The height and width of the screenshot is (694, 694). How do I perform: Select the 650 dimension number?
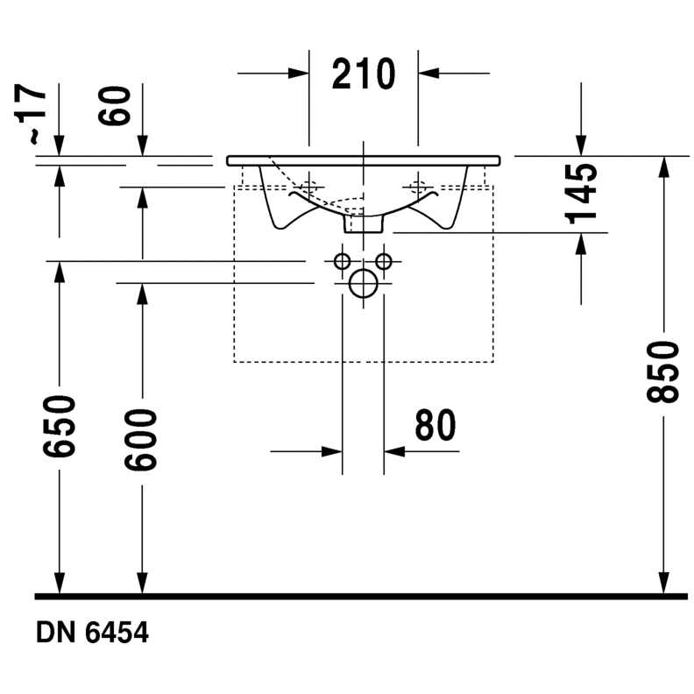(x=59, y=426)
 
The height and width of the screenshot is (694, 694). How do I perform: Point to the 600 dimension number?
(x=140, y=439)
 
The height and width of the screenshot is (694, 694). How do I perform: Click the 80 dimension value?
(x=436, y=426)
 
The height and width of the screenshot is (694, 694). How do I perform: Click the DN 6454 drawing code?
(x=92, y=632)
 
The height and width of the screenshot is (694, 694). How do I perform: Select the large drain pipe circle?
(x=363, y=284)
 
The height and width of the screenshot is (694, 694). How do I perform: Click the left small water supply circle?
(x=343, y=260)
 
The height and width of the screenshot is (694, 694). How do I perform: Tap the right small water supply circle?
(x=383, y=260)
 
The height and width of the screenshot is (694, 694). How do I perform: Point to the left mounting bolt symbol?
(x=308, y=186)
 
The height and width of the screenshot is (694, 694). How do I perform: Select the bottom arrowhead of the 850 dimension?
(x=663, y=582)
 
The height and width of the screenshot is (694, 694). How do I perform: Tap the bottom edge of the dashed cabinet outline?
(x=364, y=361)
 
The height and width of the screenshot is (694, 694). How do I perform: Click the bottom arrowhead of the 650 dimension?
(x=59, y=582)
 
